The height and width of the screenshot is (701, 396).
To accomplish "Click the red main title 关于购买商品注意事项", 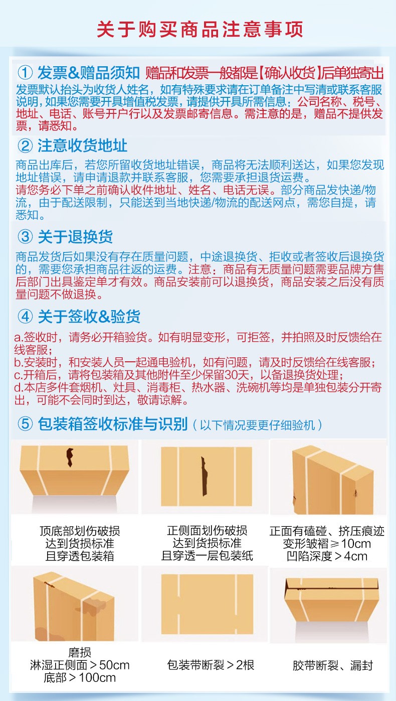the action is point(200,30).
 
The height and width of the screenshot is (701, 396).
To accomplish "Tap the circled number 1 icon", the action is point(25,73).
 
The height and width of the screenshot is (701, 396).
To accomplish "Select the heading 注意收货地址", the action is point(82,146).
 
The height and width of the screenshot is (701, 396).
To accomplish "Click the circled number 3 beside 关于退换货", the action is point(25,236).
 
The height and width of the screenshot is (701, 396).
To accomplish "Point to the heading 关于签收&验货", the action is point(89,317).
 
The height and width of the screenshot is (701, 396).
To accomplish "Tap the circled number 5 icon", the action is point(25,424).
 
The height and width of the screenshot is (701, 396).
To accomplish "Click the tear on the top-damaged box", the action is point(70,457).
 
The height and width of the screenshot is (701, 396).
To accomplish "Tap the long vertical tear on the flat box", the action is point(204,477).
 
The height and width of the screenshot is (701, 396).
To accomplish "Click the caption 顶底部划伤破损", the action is point(80,531).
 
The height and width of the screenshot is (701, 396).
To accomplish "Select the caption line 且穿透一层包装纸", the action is point(207,556).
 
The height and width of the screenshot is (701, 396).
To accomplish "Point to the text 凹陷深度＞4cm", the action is point(327,556).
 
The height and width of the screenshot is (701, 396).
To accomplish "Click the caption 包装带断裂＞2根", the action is point(211,665).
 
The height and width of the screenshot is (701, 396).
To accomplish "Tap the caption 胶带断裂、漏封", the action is point(332,665).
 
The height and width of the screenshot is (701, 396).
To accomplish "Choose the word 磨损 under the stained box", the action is point(80,652).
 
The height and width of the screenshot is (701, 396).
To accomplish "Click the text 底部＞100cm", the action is point(80,678).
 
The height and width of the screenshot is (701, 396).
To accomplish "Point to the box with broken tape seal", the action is point(332,600).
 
